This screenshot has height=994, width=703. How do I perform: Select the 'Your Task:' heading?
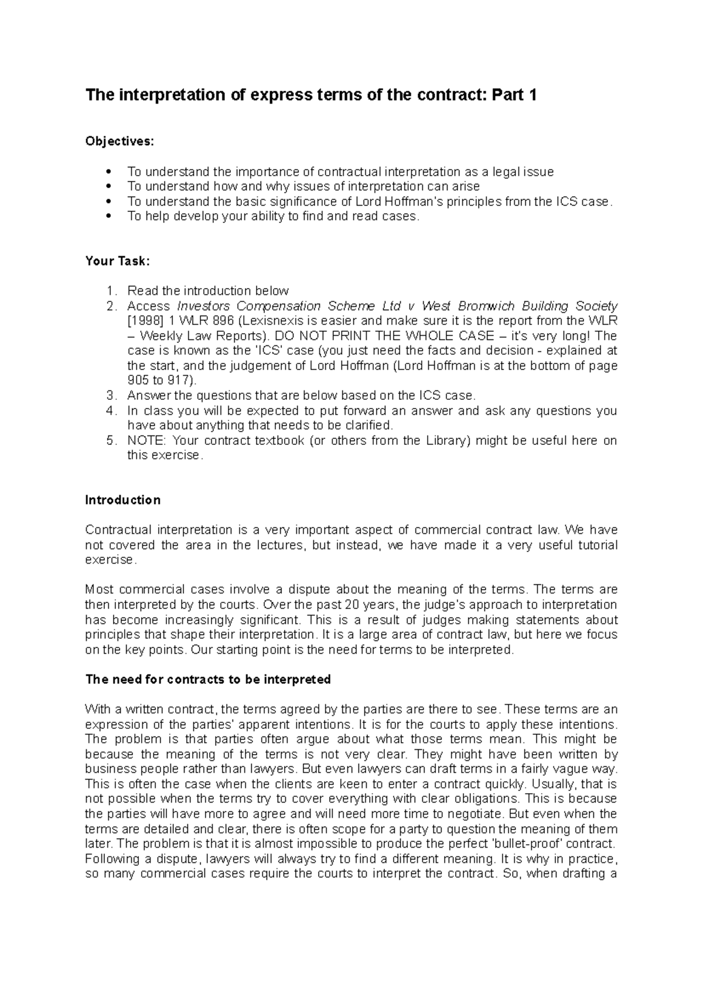click(x=118, y=261)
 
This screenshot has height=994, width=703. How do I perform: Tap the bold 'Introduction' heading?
click(x=123, y=500)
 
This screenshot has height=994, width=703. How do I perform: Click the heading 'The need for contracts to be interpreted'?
click(x=208, y=679)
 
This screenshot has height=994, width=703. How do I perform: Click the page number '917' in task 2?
click(x=178, y=381)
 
